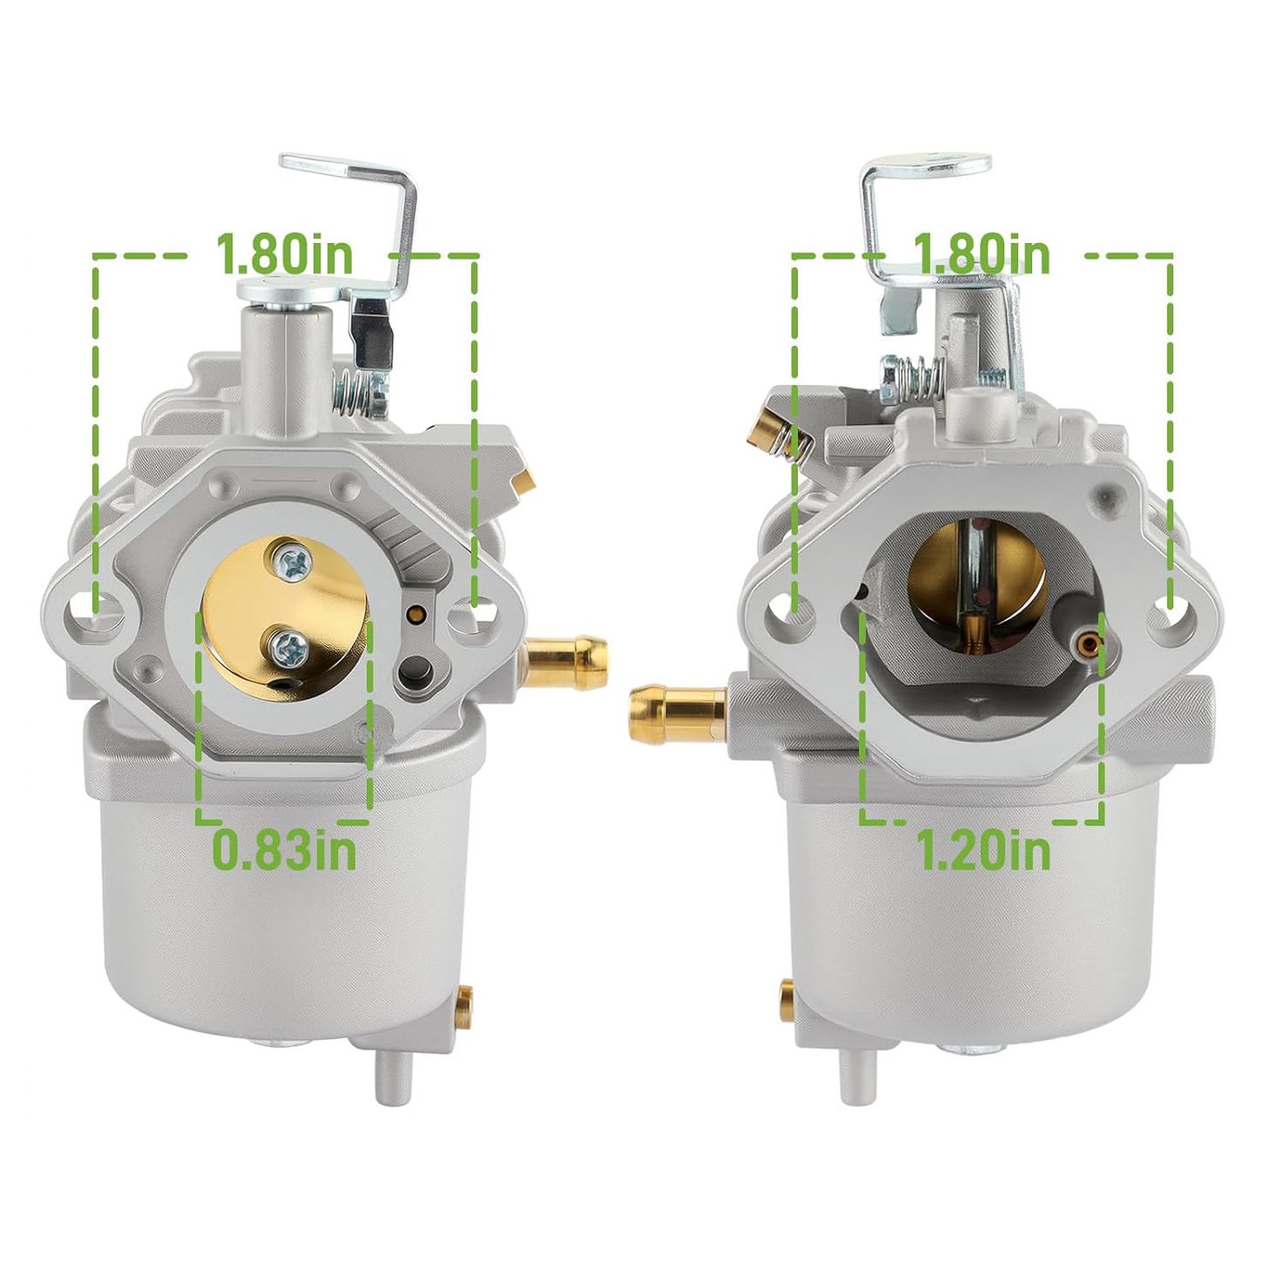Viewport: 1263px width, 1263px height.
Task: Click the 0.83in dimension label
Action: pyautogui.click(x=284, y=850)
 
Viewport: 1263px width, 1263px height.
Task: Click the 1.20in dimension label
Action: pyautogui.click(x=986, y=848)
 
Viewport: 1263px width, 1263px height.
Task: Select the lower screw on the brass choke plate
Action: pyautogui.click(x=289, y=647)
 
